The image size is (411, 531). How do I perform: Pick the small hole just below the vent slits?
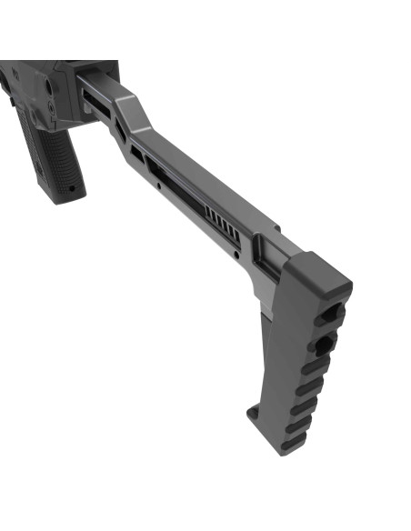[238, 255]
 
